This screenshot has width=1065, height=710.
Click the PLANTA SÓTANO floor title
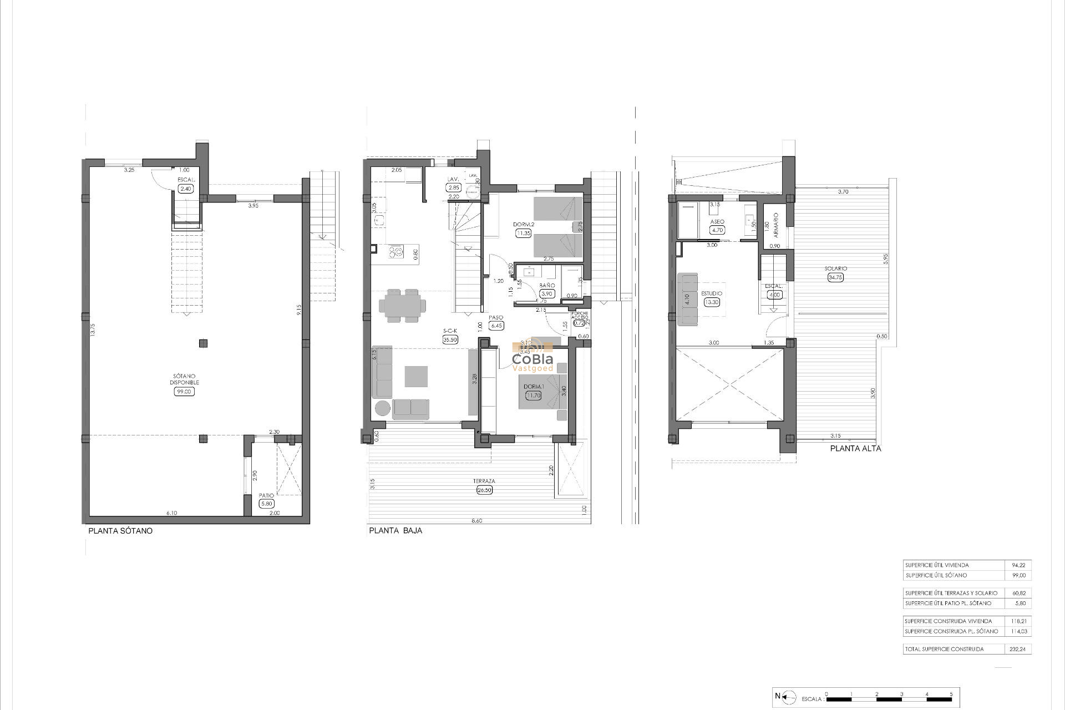pos(120,531)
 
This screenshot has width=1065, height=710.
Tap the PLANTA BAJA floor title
pos(395,531)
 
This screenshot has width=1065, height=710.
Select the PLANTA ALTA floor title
pos(855,449)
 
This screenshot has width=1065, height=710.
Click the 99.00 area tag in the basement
pos(185,392)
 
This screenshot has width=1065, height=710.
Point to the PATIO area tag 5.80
pos(267,504)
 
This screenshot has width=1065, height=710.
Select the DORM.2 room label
pos(523,224)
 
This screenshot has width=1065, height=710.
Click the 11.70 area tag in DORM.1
pos(534,395)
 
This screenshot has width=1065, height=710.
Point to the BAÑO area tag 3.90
pos(546,294)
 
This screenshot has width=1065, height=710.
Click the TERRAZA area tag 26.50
pos(484,490)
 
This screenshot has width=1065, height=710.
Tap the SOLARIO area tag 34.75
pos(835,277)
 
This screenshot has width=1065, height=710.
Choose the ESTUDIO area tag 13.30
pos(712,302)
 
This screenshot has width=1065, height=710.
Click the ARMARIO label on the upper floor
pos(776,225)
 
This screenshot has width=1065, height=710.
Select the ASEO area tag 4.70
pos(717,230)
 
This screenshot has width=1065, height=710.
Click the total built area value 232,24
pos(1017,649)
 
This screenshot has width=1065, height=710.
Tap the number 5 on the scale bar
pos(951,694)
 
